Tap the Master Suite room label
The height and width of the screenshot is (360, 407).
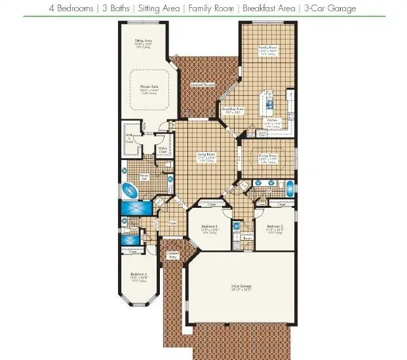(150, 85)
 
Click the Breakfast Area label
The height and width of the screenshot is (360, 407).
(233, 109)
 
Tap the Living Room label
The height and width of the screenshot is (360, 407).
(207, 155)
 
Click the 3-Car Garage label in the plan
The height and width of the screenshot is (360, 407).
(242, 287)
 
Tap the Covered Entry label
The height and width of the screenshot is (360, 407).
(173, 256)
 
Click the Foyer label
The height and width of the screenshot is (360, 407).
(173, 223)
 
